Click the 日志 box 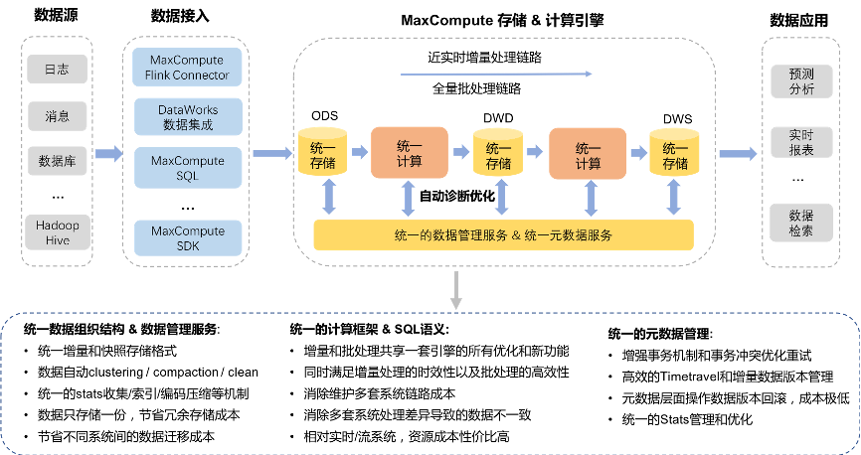(57, 70)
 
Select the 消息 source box (57, 116)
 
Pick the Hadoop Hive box (57, 232)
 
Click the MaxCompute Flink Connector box (187, 68)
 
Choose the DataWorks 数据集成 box (187, 116)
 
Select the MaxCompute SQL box (187, 166)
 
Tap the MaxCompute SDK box (187, 237)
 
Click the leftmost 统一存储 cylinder (322, 152)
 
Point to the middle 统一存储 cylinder (498, 152)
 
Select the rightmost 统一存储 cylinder (675, 152)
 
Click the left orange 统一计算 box (409, 152)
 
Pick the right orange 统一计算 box (588, 152)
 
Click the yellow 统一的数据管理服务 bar (503, 235)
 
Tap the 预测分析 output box (800, 81)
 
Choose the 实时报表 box (800, 142)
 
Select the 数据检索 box (800, 222)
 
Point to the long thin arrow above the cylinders (497, 74)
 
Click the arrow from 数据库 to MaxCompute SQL (108, 154)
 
